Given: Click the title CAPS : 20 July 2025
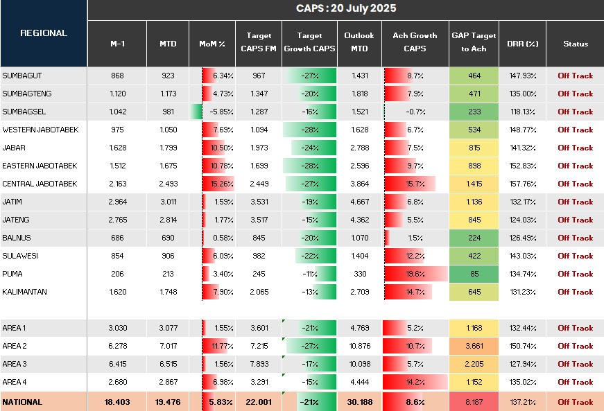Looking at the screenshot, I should point(345,8).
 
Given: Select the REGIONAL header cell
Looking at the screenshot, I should point(44,33).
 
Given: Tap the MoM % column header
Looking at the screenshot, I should point(212,44).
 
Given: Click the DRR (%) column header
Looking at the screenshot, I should point(522,44).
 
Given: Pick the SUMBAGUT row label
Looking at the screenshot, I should point(22,76).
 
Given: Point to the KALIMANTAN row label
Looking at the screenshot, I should point(25,292).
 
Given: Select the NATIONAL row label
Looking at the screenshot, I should point(22,402).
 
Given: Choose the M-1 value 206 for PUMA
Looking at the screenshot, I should point(117,274).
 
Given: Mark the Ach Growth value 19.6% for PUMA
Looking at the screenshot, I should point(415,274).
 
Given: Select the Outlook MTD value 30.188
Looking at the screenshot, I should point(359,402).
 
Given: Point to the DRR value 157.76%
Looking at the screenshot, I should point(522,184).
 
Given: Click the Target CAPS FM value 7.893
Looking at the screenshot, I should point(259,364).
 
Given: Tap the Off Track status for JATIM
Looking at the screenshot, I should point(575,202).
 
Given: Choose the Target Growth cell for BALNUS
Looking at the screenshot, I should point(309,238).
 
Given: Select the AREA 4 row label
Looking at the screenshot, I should point(15,382).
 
